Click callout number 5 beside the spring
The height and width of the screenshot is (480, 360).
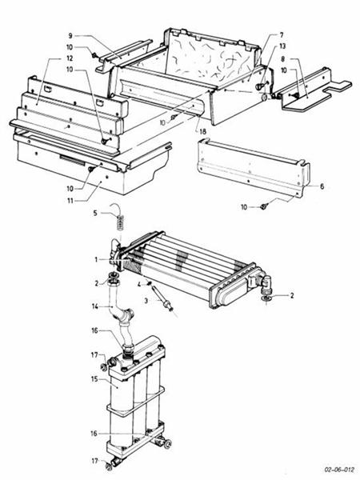coord(95,213)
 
